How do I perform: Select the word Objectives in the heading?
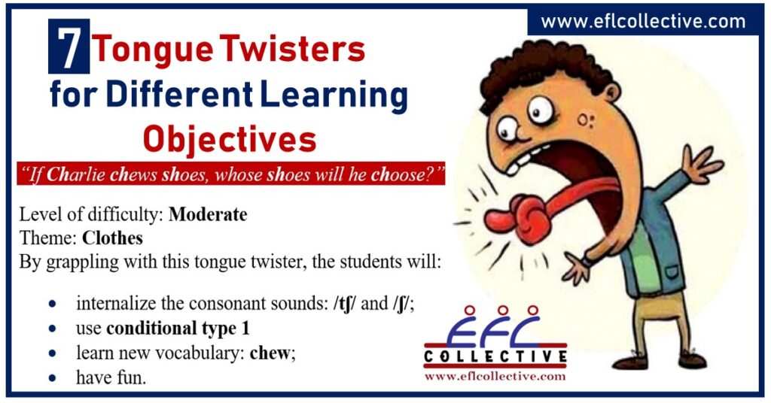point(230,139)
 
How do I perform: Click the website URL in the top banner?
point(643,22)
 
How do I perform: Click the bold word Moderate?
point(208,214)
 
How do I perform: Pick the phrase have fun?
point(111,377)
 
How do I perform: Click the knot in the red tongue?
point(525,218)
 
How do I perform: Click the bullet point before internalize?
point(51,305)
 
